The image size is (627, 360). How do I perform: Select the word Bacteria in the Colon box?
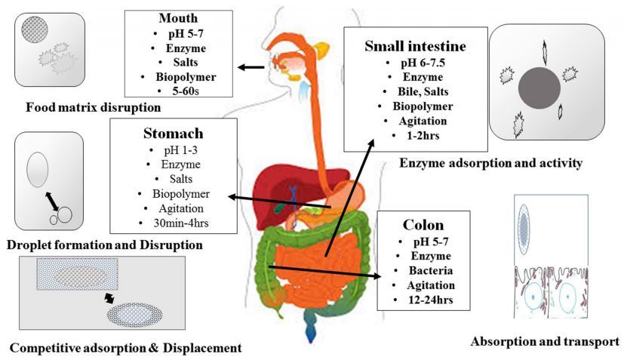426,270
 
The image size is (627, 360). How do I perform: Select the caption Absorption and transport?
545,341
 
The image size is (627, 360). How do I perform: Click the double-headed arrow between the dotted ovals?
111,299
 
